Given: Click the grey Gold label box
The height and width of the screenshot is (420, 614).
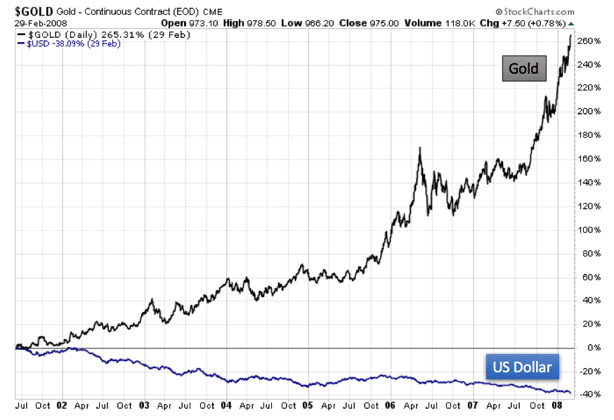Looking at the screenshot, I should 524,68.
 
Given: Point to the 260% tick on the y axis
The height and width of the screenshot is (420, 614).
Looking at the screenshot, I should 588,41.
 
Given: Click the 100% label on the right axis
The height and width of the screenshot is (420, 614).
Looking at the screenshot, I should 588,230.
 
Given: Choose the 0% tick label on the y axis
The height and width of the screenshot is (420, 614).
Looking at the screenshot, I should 592,348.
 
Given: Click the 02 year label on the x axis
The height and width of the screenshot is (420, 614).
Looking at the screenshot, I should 63,405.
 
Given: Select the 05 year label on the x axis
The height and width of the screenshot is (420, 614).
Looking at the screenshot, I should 308,405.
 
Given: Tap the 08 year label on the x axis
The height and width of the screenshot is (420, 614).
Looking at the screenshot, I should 555,405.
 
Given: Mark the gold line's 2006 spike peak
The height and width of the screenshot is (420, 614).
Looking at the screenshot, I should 419,148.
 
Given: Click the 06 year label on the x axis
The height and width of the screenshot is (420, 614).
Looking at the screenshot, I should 391,405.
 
